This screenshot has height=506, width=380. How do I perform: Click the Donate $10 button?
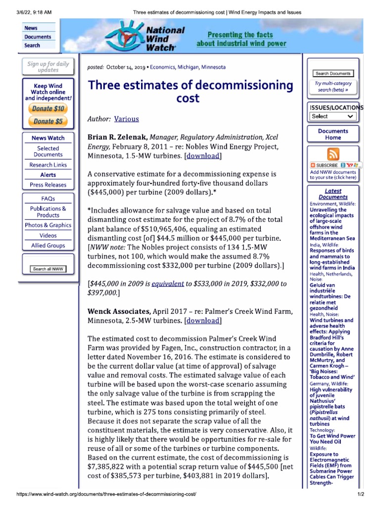click(48, 109)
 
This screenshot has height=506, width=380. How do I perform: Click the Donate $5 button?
click(48, 121)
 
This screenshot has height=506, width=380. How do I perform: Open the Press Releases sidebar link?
click(48, 185)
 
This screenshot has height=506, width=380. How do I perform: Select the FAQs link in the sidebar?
click(48, 199)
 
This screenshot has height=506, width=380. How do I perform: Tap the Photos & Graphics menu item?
click(48, 225)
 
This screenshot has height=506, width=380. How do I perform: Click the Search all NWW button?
click(48, 269)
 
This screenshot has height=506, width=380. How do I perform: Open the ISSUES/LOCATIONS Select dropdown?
click(332, 116)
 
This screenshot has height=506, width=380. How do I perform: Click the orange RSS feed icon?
click(332, 154)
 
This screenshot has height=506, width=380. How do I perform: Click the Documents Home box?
click(332, 134)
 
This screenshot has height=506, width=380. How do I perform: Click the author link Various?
click(127, 119)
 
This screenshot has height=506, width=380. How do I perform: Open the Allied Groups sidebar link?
click(48, 246)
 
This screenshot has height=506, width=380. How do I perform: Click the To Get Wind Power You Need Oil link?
click(332, 439)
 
